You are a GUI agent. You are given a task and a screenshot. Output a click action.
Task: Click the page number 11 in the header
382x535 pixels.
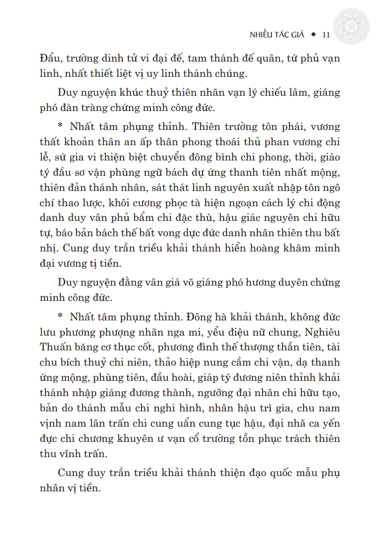coord(325,35)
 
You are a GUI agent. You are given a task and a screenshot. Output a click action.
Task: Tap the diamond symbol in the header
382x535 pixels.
coord(314,35)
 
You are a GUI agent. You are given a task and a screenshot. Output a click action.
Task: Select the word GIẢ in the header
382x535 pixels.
coord(298,35)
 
